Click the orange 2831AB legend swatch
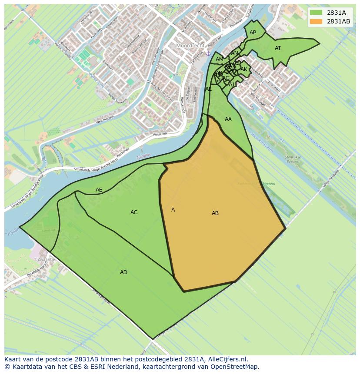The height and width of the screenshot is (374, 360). click(316, 21)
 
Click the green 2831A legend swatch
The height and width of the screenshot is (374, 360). click(316, 12)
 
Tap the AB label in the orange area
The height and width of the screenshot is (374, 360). click(215, 213)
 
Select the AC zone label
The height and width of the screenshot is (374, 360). click(134, 212)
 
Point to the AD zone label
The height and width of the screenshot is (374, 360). click(124, 272)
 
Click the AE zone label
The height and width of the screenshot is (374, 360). click(99, 190)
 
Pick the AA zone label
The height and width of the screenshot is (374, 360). click(228, 119)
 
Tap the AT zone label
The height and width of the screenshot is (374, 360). click(278, 48)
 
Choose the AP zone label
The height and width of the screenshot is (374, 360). click(253, 33)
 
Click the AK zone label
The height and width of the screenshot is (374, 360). click(244, 70)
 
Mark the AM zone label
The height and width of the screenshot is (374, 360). click(219, 60)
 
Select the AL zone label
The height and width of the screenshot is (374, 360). click(208, 89)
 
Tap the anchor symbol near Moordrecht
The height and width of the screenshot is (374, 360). click(208, 53)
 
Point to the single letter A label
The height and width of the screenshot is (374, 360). click(173, 210)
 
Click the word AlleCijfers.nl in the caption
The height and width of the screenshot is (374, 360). click(226, 360)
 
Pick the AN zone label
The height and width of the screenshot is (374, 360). click(234, 53)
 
